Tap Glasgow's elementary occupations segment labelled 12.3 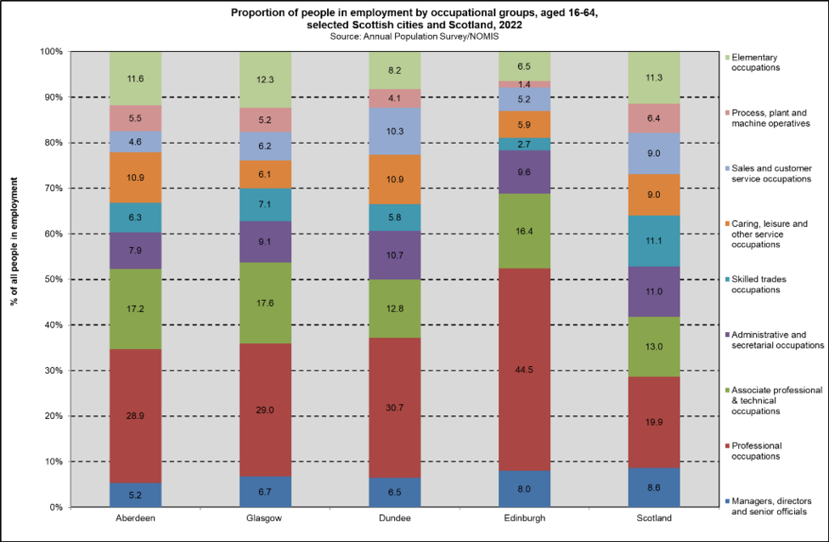(265, 79)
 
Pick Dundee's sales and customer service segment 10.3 (394, 131)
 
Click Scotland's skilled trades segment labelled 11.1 (653, 240)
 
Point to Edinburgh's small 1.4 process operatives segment (524, 84)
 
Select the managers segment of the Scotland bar (653, 488)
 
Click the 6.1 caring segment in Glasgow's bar (265, 174)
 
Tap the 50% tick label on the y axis (51, 279)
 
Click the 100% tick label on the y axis (49, 52)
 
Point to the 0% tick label (54, 507)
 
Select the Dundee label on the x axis (394, 518)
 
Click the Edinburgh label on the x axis (524, 518)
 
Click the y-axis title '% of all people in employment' (15, 279)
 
